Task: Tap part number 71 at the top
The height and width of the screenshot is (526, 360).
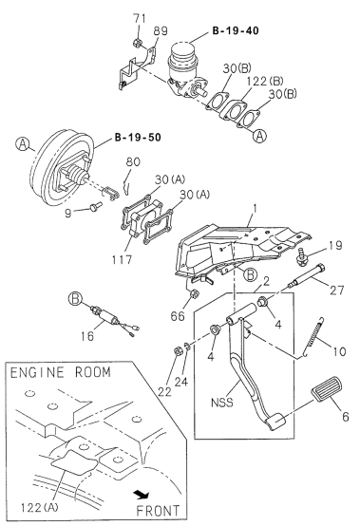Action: click(137, 19)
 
